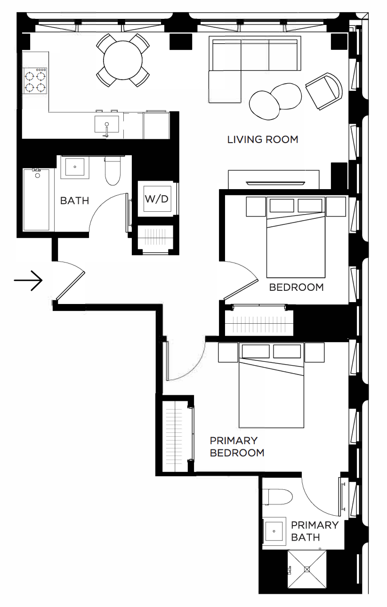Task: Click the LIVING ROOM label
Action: pos(263,140)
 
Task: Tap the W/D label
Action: pos(156,199)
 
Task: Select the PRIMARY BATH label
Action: pos(314,531)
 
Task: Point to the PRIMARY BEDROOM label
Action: pos(237,447)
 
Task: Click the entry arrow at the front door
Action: pos(28,280)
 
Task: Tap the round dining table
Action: pos(123,60)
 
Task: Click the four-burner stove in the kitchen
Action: pos(35,81)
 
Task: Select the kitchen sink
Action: pos(106,125)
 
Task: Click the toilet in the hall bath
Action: pos(113,170)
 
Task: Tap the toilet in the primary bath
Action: pos(278,497)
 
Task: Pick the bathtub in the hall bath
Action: pos(36,200)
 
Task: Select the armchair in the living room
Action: pos(324,91)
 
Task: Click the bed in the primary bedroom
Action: pos(271,385)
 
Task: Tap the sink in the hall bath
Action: pos(75,167)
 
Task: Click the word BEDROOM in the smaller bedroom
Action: pos(297,287)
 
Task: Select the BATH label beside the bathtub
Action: pos(74,201)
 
